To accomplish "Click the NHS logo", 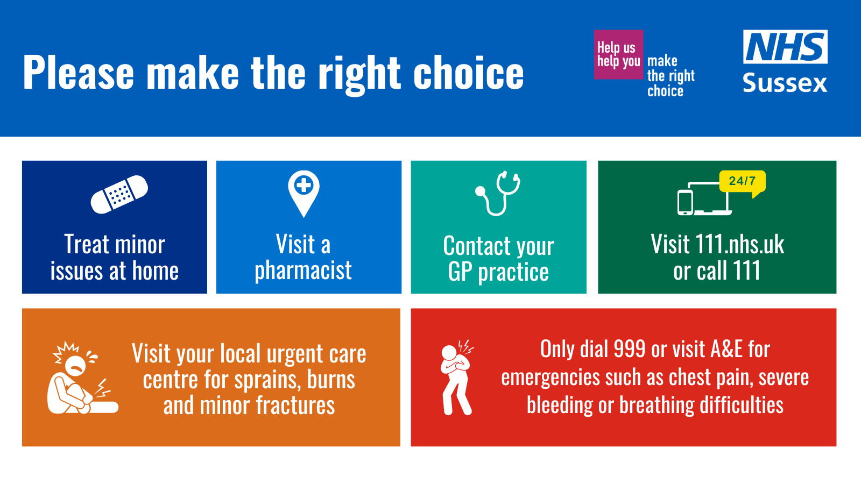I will tap(785, 47).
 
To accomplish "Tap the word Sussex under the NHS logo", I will tap(785, 83).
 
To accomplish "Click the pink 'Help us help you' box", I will tap(618, 54).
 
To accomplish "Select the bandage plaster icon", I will tap(119, 194).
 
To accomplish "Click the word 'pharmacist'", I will tap(303, 271).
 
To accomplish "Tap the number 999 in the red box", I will tap(629, 350).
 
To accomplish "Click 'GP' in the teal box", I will tap(460, 272).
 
